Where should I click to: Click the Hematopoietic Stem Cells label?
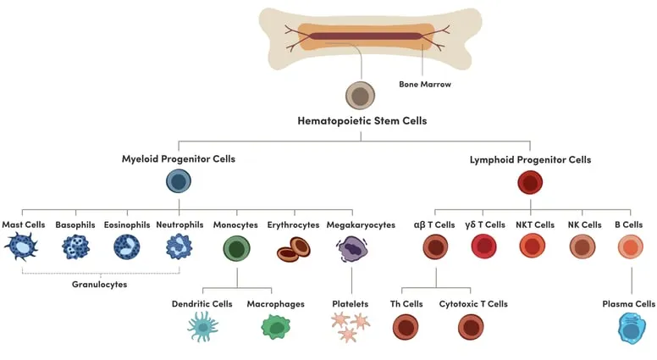pyautogui.click(x=362, y=121)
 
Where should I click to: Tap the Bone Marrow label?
pyautogui.click(x=424, y=84)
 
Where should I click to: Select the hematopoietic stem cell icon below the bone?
pyautogui.click(x=361, y=96)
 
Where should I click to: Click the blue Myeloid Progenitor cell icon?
pyautogui.click(x=178, y=181)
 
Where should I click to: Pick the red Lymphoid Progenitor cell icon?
pyautogui.click(x=530, y=182)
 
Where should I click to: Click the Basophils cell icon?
pyautogui.click(x=75, y=246)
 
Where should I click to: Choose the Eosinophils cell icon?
pyautogui.click(x=127, y=246)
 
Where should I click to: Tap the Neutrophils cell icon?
pyautogui.click(x=179, y=246)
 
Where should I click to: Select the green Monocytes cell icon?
pyautogui.click(x=237, y=248)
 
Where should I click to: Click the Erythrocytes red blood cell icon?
pyautogui.click(x=294, y=248)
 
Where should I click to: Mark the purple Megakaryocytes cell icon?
pyautogui.click(x=352, y=248)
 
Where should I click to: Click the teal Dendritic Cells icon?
pyautogui.click(x=202, y=326)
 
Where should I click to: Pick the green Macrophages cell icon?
pyautogui.click(x=275, y=327)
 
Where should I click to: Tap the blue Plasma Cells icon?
pyautogui.click(x=631, y=328)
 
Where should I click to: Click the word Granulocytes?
pyautogui.click(x=99, y=285)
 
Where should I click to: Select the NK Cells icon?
pyautogui.click(x=582, y=246)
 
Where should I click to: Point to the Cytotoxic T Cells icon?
pyautogui.click(x=471, y=327)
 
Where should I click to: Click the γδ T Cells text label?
pyautogui.click(x=483, y=224)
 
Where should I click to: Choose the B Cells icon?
pyautogui.click(x=631, y=246)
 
